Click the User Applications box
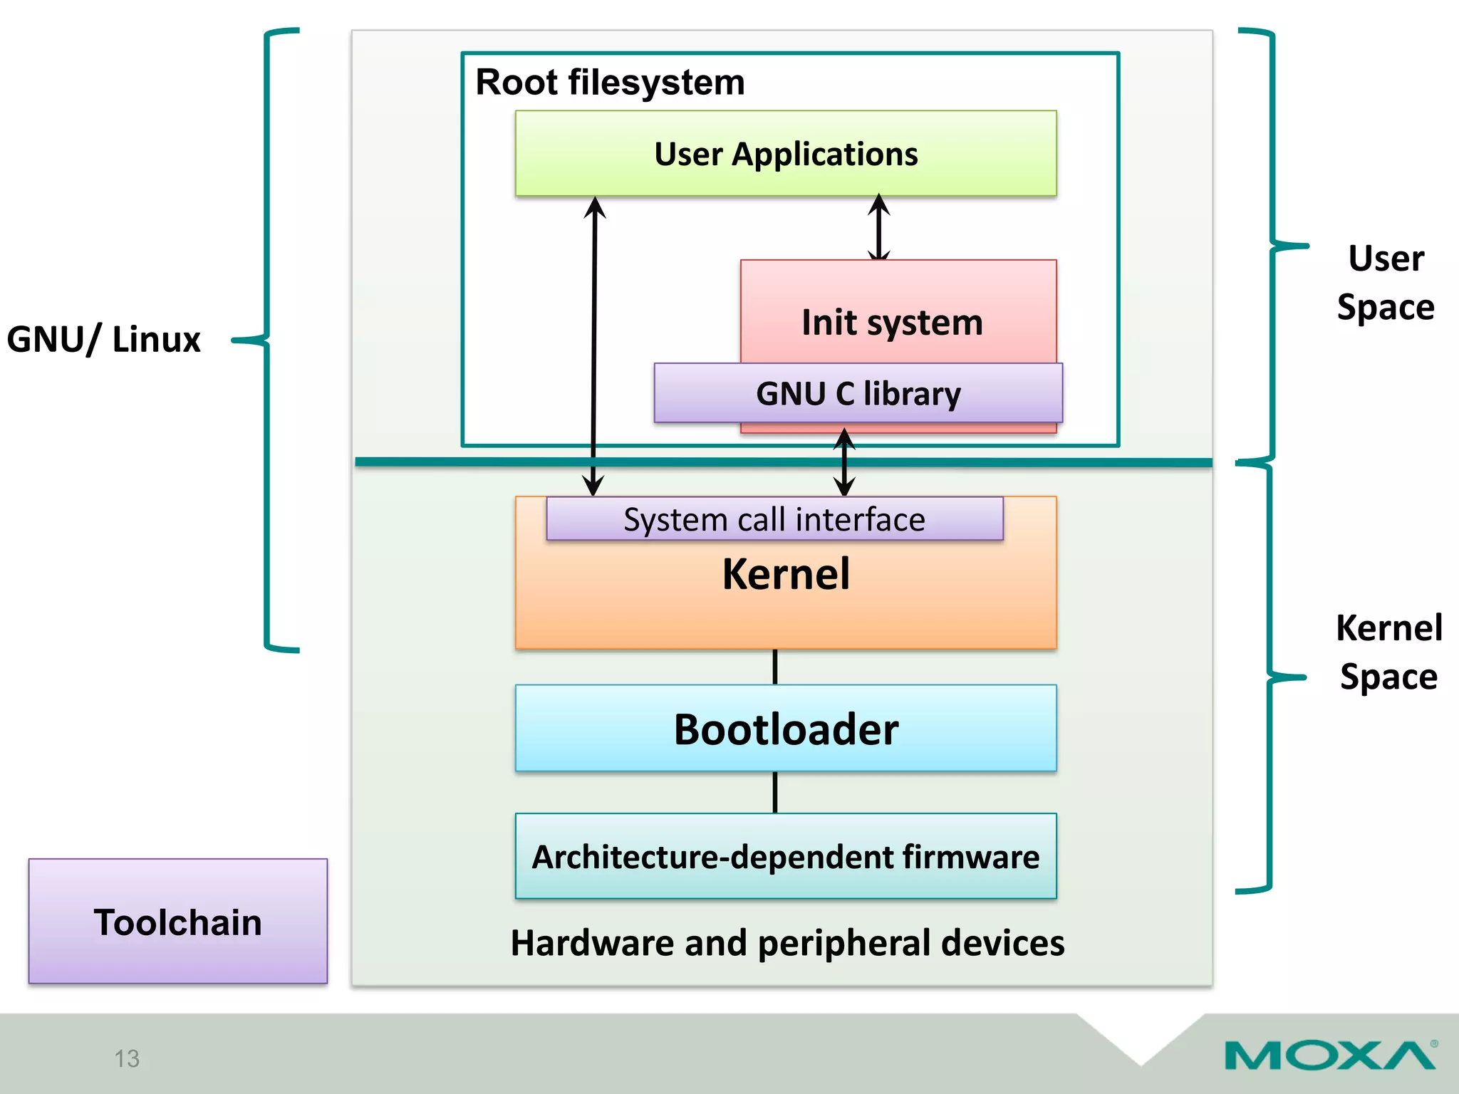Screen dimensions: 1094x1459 [786, 154]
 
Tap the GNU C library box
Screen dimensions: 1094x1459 [858, 393]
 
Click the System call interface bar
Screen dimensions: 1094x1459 [774, 519]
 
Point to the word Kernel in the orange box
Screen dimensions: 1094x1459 [786, 574]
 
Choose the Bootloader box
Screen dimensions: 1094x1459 [786, 729]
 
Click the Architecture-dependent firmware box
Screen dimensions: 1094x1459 [786, 856]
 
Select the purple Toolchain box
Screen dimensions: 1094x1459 [178, 922]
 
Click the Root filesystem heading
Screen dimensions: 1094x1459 [610, 82]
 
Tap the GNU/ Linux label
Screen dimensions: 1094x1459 [104, 339]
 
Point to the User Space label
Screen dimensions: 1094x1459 [1386, 282]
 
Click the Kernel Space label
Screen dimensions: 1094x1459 [1388, 652]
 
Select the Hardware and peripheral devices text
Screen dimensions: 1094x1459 [787, 942]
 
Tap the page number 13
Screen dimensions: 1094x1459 [127, 1058]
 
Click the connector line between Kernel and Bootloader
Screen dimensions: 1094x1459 [775, 667]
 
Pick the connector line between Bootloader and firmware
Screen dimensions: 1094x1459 [775, 792]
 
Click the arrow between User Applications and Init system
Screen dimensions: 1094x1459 [879, 228]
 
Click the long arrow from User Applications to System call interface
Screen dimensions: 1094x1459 [594, 342]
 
